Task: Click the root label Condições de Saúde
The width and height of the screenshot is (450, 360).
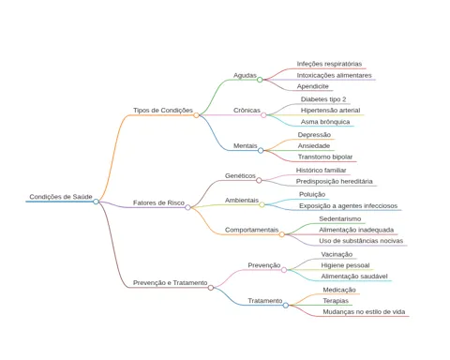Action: pos(61,197)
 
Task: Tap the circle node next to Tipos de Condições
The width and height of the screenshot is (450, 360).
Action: pos(196,115)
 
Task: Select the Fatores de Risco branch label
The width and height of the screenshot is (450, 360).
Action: pos(158,202)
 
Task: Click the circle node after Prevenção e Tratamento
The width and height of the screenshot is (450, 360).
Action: pos(211,288)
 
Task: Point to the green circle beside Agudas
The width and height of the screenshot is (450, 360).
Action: pos(260,80)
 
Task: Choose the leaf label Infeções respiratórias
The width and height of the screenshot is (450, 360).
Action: pos(329,64)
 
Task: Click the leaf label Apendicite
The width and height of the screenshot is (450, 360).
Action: pos(313,86)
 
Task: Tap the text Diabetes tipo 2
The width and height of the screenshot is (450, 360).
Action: pos(323,99)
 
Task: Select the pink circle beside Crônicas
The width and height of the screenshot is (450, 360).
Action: pos(263,115)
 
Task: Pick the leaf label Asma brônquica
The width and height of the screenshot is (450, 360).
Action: pos(325,122)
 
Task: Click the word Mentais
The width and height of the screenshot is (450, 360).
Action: pos(246,146)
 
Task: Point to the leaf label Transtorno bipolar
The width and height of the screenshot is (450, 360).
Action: pos(325,157)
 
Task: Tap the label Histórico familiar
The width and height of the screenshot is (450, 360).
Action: pos(321,171)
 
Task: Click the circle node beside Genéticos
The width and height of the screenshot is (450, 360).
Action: pos(259,180)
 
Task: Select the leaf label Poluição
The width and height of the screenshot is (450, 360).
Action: pos(312,194)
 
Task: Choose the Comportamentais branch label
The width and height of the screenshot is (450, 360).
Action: pos(251,230)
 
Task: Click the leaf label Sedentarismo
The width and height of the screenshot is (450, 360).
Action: pos(340,219)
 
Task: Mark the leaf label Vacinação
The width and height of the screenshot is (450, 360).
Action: pos(337,254)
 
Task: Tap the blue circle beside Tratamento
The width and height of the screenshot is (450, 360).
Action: pos(286,306)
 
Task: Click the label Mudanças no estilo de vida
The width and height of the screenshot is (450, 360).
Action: pos(364,312)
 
